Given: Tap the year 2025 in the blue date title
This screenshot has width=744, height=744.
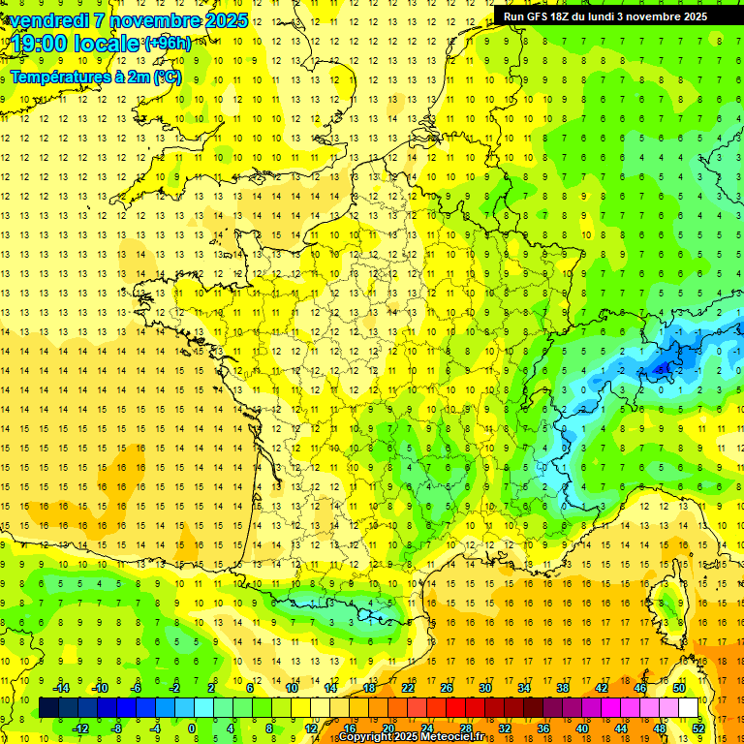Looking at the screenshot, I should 225,20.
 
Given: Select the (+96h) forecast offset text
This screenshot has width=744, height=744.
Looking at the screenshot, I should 168,44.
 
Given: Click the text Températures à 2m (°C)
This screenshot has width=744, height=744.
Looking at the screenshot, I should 95,77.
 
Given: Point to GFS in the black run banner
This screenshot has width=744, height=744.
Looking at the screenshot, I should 540,16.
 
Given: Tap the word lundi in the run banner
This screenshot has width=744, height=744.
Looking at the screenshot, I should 613,16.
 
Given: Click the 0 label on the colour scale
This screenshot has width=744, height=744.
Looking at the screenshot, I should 192,728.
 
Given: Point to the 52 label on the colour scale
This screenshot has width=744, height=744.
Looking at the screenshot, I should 697,728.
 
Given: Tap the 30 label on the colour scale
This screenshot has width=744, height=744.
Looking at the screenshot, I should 484,688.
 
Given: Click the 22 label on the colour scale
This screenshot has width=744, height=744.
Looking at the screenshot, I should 408,688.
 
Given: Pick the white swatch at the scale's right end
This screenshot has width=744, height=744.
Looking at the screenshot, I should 689,708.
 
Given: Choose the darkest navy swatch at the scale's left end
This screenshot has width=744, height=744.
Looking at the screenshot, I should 49,708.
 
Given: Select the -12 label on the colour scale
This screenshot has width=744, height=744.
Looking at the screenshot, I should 80,728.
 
